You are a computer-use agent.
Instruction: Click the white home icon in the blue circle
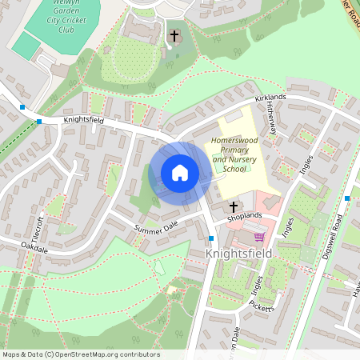(x=180, y=172)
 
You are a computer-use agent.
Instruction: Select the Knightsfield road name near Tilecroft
(x=84, y=120)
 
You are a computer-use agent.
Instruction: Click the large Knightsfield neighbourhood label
(x=238, y=254)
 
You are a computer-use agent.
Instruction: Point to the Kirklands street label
(x=270, y=98)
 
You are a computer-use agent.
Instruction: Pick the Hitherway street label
(x=273, y=116)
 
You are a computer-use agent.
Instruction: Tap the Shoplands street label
(x=244, y=216)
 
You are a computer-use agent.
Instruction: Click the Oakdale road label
(x=35, y=246)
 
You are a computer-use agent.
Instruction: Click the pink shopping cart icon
(x=258, y=236)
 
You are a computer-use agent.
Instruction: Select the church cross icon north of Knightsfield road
(x=174, y=35)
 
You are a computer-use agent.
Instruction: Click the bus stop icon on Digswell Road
(x=347, y=198)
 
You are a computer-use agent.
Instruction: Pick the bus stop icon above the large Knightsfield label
(x=211, y=238)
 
